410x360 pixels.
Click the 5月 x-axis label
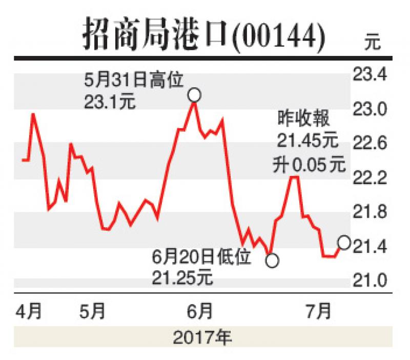(94, 311)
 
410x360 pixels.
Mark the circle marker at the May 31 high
(194, 95)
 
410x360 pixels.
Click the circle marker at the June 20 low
(272, 261)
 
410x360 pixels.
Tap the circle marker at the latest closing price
(344, 243)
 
